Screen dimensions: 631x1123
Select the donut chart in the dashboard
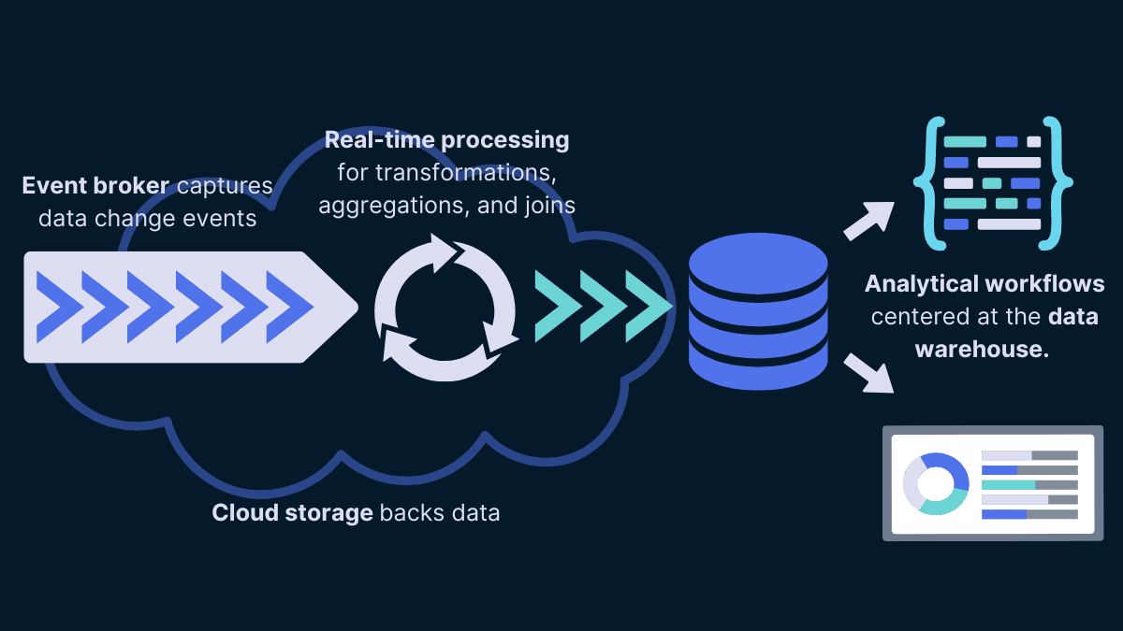coord(935,483)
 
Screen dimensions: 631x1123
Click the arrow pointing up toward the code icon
coord(869,219)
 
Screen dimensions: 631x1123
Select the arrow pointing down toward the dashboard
coord(869,373)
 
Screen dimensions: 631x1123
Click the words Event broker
coord(95,185)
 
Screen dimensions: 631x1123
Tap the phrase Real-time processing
coord(446,140)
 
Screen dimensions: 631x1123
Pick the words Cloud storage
coord(292,513)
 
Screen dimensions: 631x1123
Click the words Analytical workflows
coord(984,283)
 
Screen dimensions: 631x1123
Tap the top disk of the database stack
coord(758,256)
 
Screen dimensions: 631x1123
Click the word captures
coord(224,185)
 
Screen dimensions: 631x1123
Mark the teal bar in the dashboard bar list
coord(1009,484)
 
